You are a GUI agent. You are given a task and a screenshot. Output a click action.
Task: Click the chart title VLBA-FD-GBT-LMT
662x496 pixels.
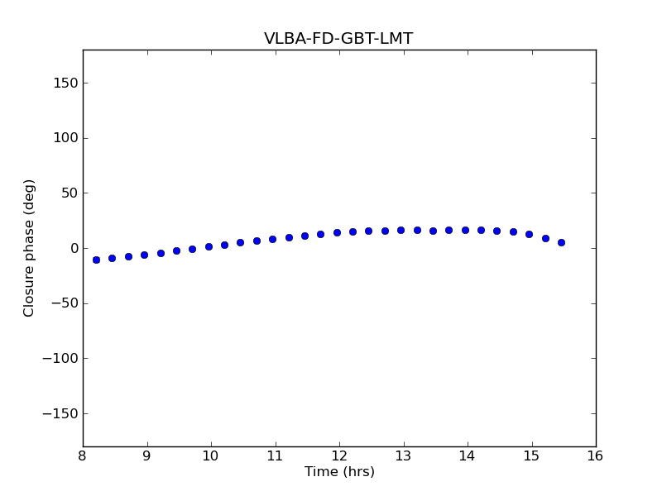(338, 39)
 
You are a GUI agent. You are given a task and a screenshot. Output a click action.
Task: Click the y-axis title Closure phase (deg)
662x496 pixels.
(30, 248)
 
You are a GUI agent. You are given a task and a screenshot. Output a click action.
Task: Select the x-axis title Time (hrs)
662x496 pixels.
(339, 472)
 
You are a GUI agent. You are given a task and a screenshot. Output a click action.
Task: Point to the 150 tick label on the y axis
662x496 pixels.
(65, 83)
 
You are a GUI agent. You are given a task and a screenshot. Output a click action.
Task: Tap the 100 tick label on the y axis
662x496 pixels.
(65, 138)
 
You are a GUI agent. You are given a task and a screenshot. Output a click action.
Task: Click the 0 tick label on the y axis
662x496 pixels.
(73, 248)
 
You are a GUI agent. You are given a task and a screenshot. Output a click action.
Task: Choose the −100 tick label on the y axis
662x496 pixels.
(60, 359)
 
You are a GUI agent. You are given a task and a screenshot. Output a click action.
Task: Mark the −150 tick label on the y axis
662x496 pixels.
(60, 413)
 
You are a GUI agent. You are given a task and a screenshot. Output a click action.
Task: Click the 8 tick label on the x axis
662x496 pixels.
(83, 456)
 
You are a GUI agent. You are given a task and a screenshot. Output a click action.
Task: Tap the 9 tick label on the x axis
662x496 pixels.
(146, 456)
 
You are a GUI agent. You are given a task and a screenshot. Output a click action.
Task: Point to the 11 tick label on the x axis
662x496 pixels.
(275, 456)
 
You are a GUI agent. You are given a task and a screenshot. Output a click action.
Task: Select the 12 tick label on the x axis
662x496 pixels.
(339, 456)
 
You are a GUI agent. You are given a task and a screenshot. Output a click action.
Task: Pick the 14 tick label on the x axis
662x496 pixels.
(468, 456)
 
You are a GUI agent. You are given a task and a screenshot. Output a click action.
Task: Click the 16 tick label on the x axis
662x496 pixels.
(595, 456)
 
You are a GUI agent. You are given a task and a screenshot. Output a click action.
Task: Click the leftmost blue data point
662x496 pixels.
(96, 260)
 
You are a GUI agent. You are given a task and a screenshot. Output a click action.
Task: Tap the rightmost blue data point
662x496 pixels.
(561, 242)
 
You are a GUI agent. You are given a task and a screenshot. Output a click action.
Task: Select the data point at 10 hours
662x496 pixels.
(209, 246)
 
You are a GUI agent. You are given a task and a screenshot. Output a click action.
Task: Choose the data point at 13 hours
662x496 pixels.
(401, 230)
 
